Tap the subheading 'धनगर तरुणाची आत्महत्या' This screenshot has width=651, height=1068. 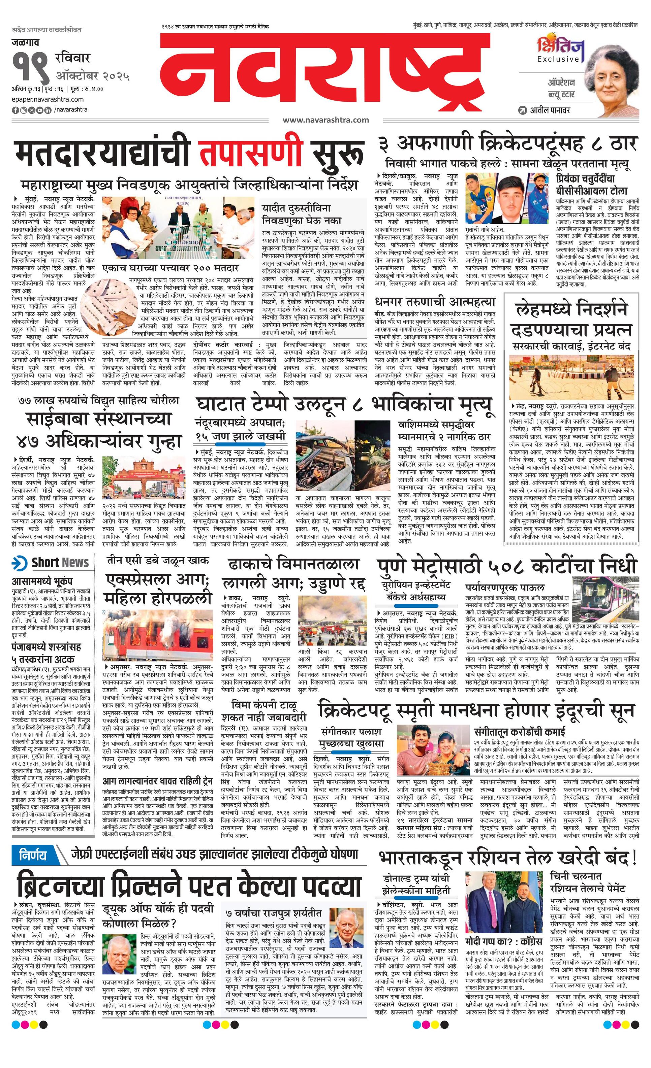pos(435,302)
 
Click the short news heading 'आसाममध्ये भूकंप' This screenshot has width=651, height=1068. pos(42,581)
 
